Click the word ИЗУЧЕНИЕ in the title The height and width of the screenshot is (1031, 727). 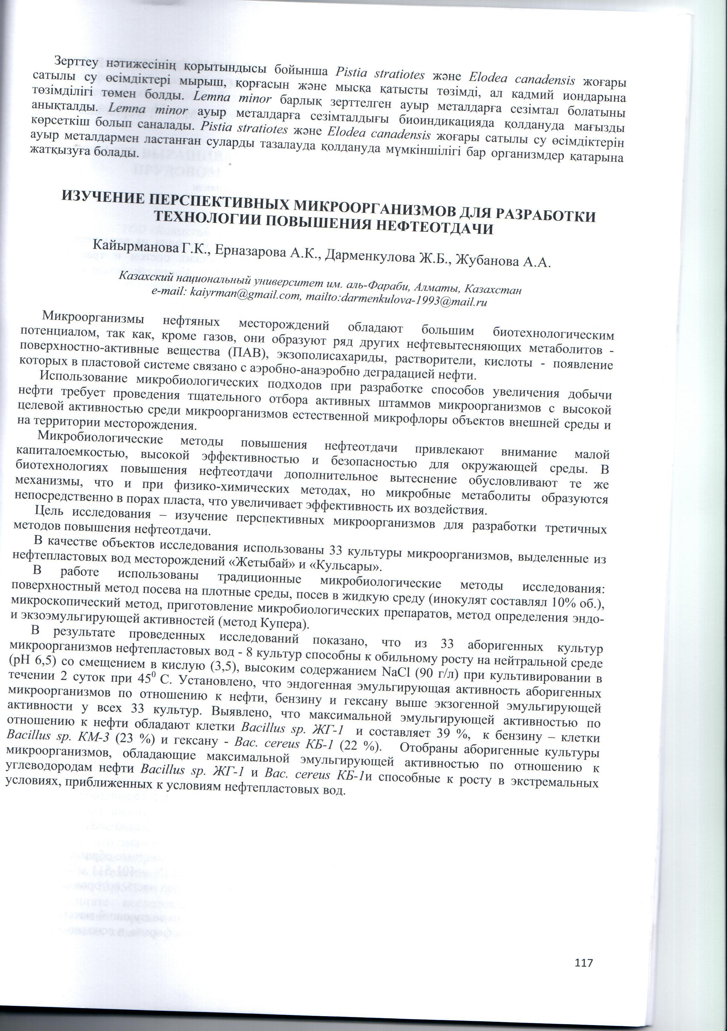click(101, 198)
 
